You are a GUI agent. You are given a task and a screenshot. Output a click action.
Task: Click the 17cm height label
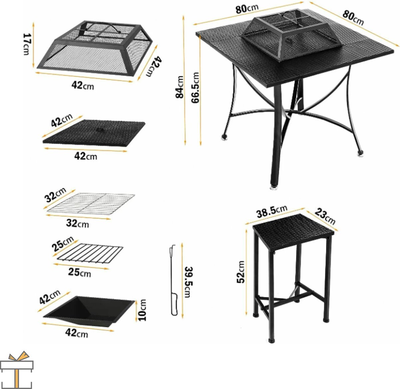[x=27, y=44]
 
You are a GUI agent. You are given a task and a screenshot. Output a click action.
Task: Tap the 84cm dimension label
[x=179, y=87]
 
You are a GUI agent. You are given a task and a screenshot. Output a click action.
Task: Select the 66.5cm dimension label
[x=195, y=88]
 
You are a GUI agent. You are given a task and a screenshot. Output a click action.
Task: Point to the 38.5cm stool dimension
[x=272, y=211]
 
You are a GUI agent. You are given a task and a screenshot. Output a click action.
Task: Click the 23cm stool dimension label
[x=325, y=216]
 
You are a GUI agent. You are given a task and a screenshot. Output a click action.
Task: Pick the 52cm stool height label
[x=240, y=272]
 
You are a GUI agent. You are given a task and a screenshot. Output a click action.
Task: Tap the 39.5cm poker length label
[x=188, y=282]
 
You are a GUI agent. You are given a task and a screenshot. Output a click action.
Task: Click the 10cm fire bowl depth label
[x=142, y=310]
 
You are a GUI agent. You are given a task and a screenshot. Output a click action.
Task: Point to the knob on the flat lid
[x=100, y=130]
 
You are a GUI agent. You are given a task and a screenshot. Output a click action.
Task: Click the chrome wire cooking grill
[x=91, y=203]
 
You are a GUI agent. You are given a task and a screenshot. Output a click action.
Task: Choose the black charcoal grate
[x=90, y=253]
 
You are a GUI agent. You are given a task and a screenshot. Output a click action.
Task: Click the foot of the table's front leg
[x=274, y=187]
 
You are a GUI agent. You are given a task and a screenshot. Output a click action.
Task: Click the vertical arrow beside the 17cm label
[x=33, y=45]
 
